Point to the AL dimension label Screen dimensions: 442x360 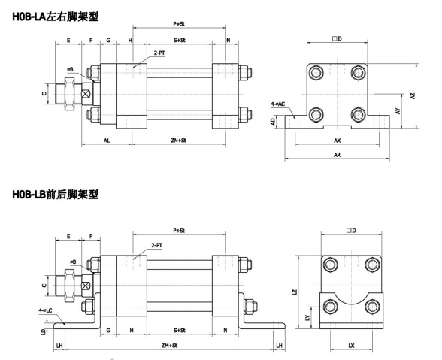tap(107, 141)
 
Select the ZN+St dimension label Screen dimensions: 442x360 tap(178, 141)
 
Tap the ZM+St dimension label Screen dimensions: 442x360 tap(169, 346)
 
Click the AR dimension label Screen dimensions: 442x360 tap(337, 155)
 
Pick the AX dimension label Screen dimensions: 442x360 tap(337, 141)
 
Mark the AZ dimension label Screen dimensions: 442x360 tap(413, 96)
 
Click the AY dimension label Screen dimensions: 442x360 tap(398, 111)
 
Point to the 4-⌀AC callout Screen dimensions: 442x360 tap(278, 104)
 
